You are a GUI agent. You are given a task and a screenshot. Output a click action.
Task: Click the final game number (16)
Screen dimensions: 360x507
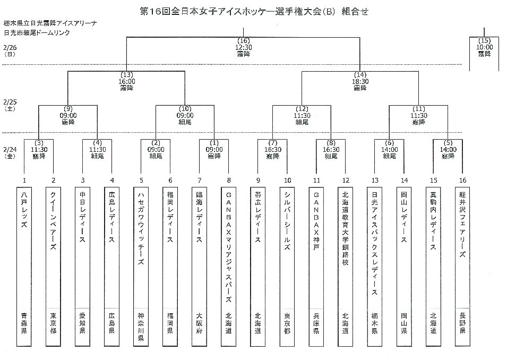pos(243,41)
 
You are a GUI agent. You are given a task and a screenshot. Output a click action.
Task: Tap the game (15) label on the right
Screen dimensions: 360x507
pos(484,41)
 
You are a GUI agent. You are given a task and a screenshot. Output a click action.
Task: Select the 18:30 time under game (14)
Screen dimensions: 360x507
pos(360,81)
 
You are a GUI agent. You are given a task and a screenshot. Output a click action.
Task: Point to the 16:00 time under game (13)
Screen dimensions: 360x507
pos(126,81)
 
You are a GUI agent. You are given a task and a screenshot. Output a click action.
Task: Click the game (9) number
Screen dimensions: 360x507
pos(68,109)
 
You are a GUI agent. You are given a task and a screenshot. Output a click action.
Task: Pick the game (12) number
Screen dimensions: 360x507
pos(302,109)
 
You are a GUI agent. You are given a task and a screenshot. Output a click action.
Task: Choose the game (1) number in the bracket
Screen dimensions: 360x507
pos(213,142)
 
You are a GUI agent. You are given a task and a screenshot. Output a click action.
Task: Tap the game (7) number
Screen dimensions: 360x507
pos(272,142)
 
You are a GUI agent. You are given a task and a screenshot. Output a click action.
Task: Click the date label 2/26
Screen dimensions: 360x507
pos(10,47)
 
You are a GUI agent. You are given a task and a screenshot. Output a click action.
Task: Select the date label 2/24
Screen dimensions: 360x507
pos(10,150)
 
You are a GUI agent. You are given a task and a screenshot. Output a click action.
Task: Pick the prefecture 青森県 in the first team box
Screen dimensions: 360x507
pos(24,322)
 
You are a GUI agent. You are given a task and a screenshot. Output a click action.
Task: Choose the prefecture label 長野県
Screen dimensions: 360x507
pos(462,322)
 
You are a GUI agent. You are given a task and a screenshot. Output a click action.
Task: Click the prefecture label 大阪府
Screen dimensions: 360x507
pos(199,322)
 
